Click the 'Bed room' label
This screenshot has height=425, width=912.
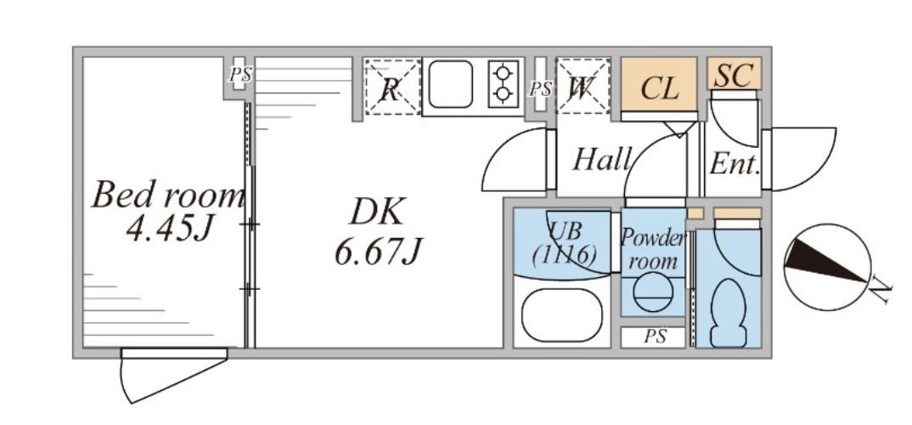(167, 196)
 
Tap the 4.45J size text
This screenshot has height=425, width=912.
(167, 229)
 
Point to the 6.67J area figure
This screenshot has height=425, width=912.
(377, 252)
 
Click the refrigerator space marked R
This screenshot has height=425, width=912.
(391, 87)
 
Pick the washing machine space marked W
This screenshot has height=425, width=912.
(583, 87)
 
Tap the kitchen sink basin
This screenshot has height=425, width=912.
(450, 85)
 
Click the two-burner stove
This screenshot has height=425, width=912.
(503, 82)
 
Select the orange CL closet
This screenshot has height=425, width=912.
(659, 86)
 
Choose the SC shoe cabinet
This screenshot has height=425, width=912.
(734, 75)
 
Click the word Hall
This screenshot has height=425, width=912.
(602, 159)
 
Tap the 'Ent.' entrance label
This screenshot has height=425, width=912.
(733, 163)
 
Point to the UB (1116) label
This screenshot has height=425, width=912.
(564, 241)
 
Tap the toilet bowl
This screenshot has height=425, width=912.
(729, 309)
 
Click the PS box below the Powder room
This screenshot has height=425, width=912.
(653, 337)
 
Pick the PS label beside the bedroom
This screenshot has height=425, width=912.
(239, 75)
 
